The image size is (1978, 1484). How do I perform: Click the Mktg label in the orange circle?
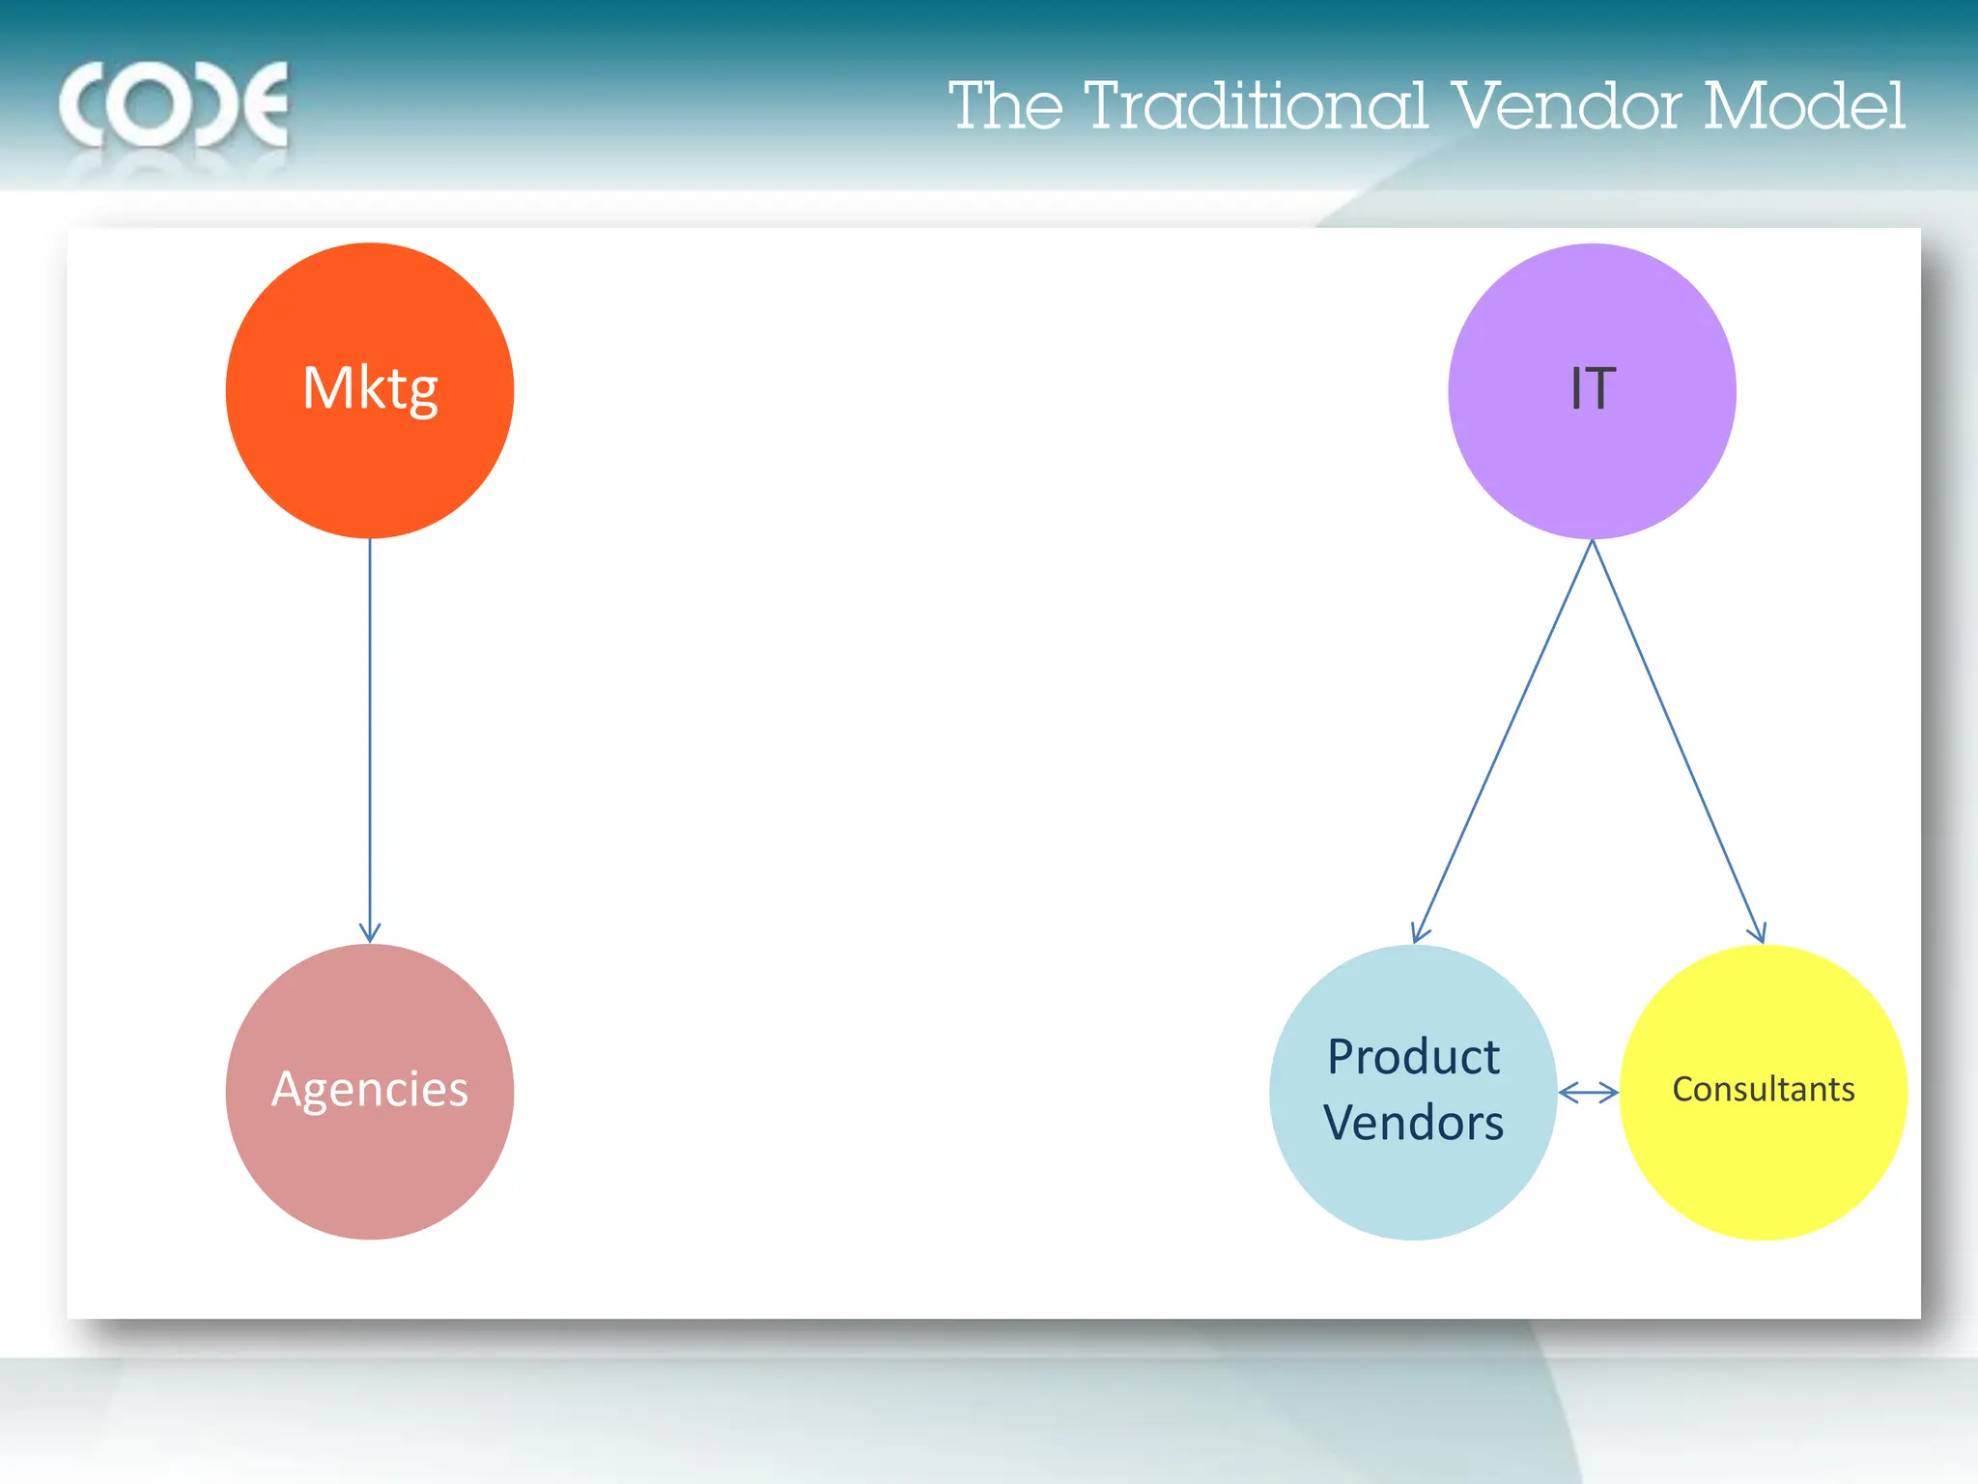click(x=370, y=388)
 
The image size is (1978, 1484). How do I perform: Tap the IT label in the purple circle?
click(x=1593, y=388)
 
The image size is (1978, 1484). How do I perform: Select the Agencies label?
click(x=370, y=1089)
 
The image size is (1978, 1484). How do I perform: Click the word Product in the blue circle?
click(x=1413, y=1056)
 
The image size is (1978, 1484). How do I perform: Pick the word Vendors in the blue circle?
click(x=1413, y=1123)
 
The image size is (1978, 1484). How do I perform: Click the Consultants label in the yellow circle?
click(x=1764, y=1089)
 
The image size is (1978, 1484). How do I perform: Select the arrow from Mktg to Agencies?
click(x=370, y=734)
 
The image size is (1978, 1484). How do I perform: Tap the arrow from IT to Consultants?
click(x=1679, y=738)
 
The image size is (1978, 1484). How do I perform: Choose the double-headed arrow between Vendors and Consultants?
click(x=1588, y=1093)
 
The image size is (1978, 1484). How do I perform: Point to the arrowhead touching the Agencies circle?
click(x=370, y=933)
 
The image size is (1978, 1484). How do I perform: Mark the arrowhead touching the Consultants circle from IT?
click(x=1759, y=932)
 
